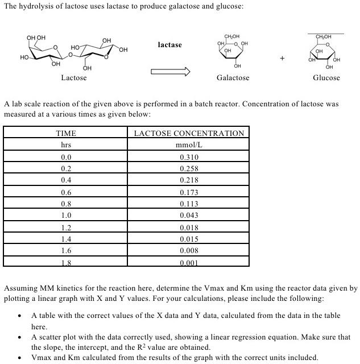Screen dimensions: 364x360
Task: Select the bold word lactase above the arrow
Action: (x=169, y=44)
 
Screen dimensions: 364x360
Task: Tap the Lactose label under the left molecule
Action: (x=74, y=77)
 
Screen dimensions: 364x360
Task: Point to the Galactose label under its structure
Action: (x=233, y=77)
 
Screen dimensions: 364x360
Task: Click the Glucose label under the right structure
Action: (x=326, y=77)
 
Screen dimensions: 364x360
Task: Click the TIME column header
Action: (x=66, y=134)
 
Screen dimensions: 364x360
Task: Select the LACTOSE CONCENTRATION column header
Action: (x=189, y=134)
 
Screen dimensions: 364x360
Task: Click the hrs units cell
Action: (x=66, y=145)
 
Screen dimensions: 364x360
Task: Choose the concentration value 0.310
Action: (x=189, y=157)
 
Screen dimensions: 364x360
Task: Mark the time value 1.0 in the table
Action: (x=66, y=216)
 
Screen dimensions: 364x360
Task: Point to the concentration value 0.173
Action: (x=189, y=192)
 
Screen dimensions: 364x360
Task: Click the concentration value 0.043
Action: (x=189, y=216)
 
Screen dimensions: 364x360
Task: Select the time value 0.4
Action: (x=66, y=180)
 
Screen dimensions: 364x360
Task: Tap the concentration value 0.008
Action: (x=189, y=251)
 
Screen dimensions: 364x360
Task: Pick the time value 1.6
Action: (x=66, y=251)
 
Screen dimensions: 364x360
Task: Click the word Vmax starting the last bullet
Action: (x=42, y=358)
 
